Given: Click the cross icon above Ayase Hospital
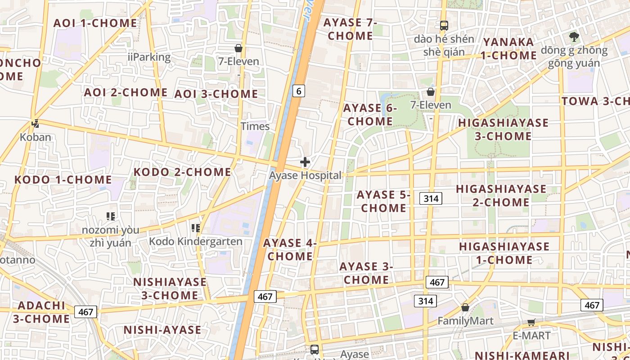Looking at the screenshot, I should coord(305,162).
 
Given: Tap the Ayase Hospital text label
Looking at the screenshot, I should coord(305,175).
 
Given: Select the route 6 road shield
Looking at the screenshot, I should coord(298,91).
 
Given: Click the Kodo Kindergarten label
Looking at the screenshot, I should coord(195,242).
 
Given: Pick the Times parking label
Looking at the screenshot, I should coord(255,126).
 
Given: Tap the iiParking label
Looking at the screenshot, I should coord(149,57).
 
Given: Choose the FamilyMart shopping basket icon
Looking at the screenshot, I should coord(465,307).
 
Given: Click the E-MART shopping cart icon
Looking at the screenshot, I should coord(531,323).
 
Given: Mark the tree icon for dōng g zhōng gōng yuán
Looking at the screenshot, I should coord(574,36).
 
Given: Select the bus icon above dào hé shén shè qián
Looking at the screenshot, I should coord(444,26).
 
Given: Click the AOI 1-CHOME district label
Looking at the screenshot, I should coord(95,23).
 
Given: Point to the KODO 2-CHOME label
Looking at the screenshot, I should coord(182,172).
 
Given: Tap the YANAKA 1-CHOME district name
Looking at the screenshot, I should coord(509,49).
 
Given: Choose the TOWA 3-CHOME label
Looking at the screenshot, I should coord(595,101).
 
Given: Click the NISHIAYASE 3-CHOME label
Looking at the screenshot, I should coord(170,288).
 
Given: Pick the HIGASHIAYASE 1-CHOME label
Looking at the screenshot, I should coord(504,253).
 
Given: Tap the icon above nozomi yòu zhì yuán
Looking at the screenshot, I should coord(111,216).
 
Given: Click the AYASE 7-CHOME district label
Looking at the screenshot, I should coord(350,29).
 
